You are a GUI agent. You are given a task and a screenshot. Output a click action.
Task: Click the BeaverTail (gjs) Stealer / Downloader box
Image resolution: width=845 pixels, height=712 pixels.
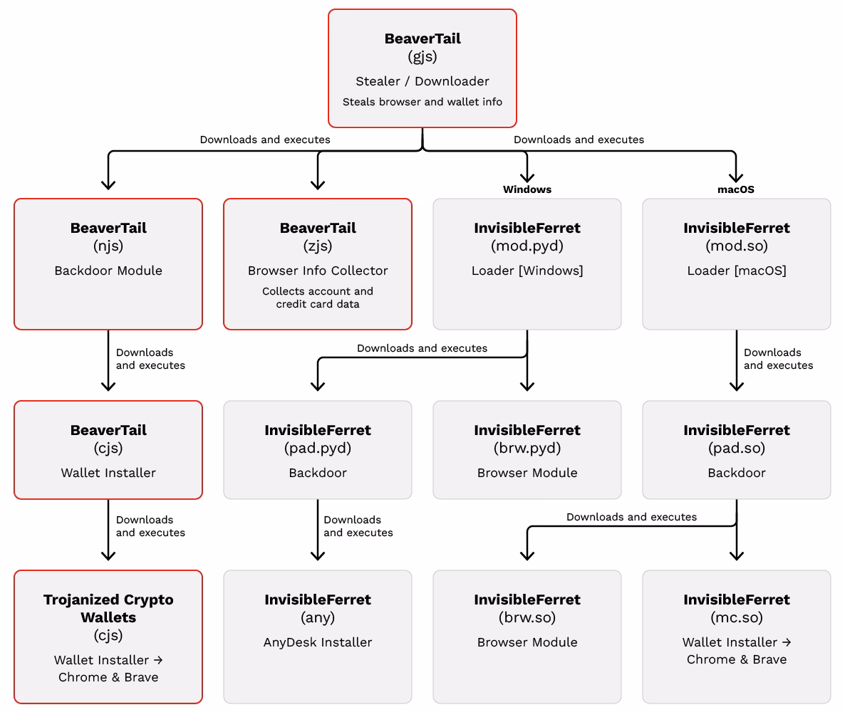click(422, 68)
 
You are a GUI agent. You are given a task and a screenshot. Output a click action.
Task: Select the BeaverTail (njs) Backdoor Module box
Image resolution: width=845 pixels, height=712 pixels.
click(108, 264)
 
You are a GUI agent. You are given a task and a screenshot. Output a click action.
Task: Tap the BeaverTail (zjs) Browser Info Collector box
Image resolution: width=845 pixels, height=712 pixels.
click(318, 264)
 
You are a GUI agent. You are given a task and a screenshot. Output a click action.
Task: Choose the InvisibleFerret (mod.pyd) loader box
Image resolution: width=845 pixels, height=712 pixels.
click(527, 264)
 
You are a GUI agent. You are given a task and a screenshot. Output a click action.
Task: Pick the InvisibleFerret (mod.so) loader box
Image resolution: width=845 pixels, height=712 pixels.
click(736, 264)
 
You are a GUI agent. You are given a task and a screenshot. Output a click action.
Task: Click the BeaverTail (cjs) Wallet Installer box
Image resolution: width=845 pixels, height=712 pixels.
click(108, 450)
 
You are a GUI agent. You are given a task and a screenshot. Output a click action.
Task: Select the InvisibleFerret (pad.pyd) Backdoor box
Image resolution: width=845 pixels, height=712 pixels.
click(318, 450)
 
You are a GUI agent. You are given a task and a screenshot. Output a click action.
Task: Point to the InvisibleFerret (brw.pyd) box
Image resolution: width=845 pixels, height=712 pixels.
click(527, 450)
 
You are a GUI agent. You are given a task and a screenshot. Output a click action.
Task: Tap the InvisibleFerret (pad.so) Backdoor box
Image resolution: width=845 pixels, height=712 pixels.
click(736, 450)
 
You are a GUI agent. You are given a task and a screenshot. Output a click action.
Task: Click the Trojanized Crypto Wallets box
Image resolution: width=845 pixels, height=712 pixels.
click(108, 637)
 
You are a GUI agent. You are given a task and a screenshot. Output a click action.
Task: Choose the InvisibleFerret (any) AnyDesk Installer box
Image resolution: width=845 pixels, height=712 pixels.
click(318, 637)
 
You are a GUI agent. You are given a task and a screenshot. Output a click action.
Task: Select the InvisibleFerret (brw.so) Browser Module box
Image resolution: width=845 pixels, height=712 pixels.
click(527, 637)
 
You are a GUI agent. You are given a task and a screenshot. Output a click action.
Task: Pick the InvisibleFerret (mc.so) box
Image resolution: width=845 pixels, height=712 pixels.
click(736, 637)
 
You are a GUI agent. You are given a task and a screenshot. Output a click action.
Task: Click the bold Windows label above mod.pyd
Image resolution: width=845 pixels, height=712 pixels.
click(527, 189)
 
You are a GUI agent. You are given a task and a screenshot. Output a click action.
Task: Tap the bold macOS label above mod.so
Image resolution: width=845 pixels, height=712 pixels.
click(735, 189)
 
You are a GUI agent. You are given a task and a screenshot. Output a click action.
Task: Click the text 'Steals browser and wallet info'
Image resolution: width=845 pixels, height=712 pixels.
click(422, 102)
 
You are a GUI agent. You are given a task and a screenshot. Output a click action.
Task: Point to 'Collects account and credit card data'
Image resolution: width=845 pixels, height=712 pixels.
click(318, 298)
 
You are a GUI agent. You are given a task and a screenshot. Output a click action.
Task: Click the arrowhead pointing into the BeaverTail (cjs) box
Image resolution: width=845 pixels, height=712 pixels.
click(108, 386)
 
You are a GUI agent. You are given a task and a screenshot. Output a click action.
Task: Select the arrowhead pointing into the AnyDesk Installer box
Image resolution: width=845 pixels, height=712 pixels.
click(318, 555)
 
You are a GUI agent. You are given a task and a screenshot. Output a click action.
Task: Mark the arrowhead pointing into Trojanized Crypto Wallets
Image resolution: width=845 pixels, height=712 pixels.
click(108, 555)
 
